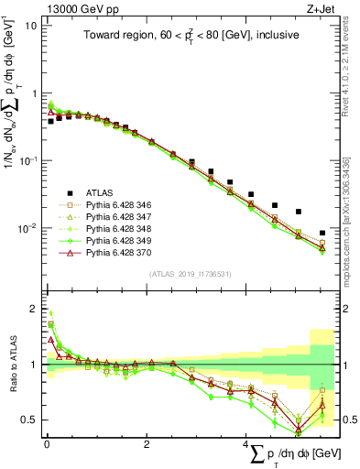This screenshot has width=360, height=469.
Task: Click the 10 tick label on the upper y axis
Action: [30, 26]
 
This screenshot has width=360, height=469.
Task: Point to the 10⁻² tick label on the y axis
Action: [27, 227]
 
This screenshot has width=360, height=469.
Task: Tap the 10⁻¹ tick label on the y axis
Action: [27, 160]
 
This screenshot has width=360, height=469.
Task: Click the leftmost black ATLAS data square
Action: [50, 121]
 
